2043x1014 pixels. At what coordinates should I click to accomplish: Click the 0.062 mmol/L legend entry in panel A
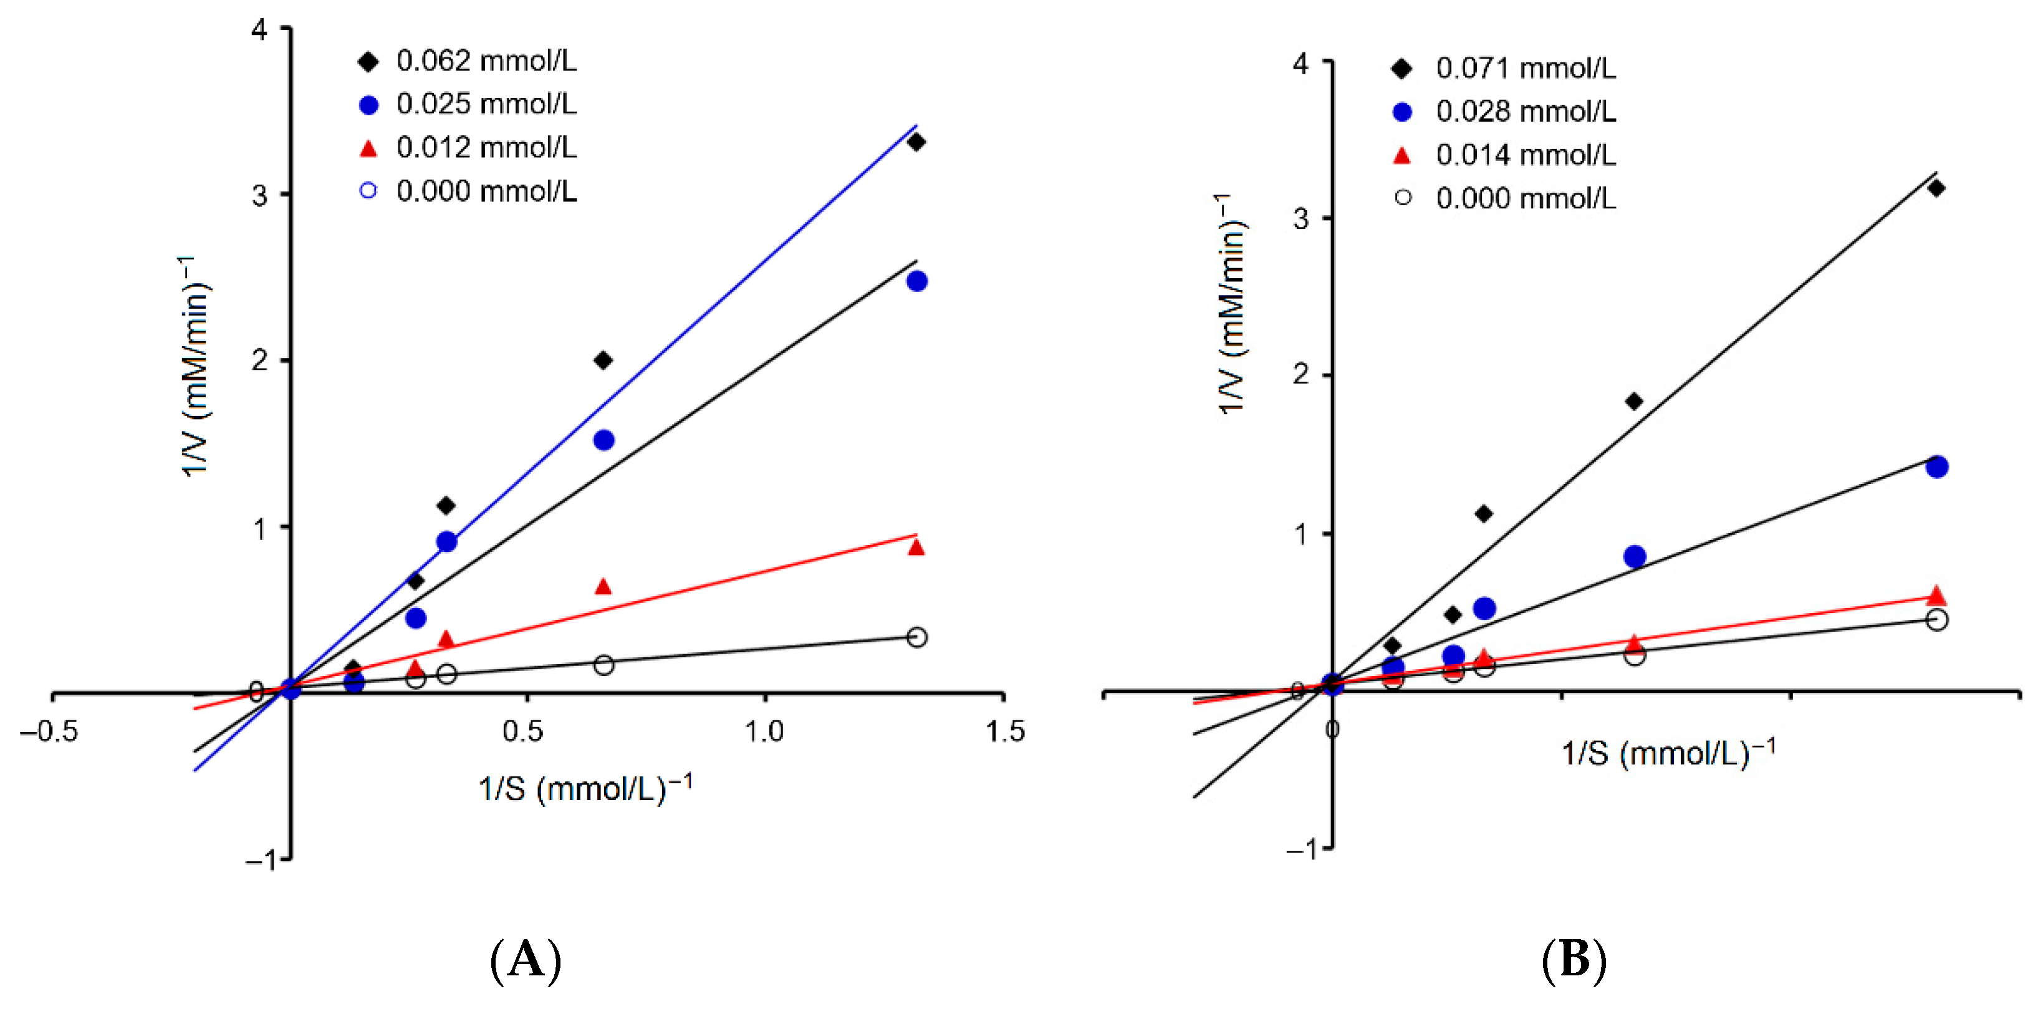pos(486,61)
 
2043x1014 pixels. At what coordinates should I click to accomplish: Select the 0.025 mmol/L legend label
pos(486,104)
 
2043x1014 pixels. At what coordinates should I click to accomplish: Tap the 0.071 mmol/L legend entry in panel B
pos(1524,69)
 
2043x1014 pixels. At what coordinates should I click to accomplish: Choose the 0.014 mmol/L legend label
pos(1524,155)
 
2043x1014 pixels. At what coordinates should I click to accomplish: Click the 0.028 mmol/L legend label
pos(1524,112)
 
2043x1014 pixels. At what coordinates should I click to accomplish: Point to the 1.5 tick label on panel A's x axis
pos(1004,731)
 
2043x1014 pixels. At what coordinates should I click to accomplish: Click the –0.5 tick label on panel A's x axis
pos(49,731)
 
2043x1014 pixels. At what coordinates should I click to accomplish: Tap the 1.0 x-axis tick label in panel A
pos(764,731)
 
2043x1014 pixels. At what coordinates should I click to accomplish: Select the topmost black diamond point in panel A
pos(916,142)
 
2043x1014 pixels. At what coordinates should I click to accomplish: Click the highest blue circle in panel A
pos(916,281)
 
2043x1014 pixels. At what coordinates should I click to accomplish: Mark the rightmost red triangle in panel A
pos(916,548)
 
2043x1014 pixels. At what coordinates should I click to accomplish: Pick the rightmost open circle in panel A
pos(916,636)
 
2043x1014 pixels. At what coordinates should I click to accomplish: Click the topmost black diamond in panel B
pos(1936,188)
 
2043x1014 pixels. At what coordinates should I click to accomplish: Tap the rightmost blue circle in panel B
pos(1936,466)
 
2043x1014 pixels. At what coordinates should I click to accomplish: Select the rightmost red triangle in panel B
pos(1936,596)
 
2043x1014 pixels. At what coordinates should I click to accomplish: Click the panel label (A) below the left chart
pos(525,960)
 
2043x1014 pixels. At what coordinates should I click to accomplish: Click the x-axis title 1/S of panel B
pos(1668,752)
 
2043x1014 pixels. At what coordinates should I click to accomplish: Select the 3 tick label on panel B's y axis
pos(1300,218)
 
